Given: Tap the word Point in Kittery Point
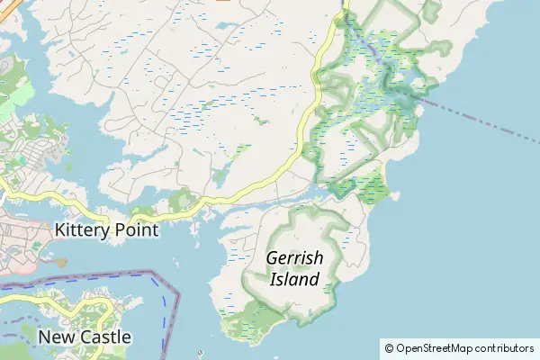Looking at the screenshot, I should pyautogui.click(x=135, y=229).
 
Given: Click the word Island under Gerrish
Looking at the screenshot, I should pyautogui.click(x=294, y=279).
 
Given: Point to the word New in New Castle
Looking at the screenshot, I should pyautogui.click(x=56, y=337).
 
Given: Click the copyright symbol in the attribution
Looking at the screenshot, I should pyautogui.click(x=389, y=347).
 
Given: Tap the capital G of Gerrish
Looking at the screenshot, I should pyautogui.click(x=273, y=258).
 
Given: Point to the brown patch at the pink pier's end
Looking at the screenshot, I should pyautogui.click(x=59, y=263).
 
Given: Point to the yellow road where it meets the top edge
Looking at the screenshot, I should pyautogui.click(x=345, y=4).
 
